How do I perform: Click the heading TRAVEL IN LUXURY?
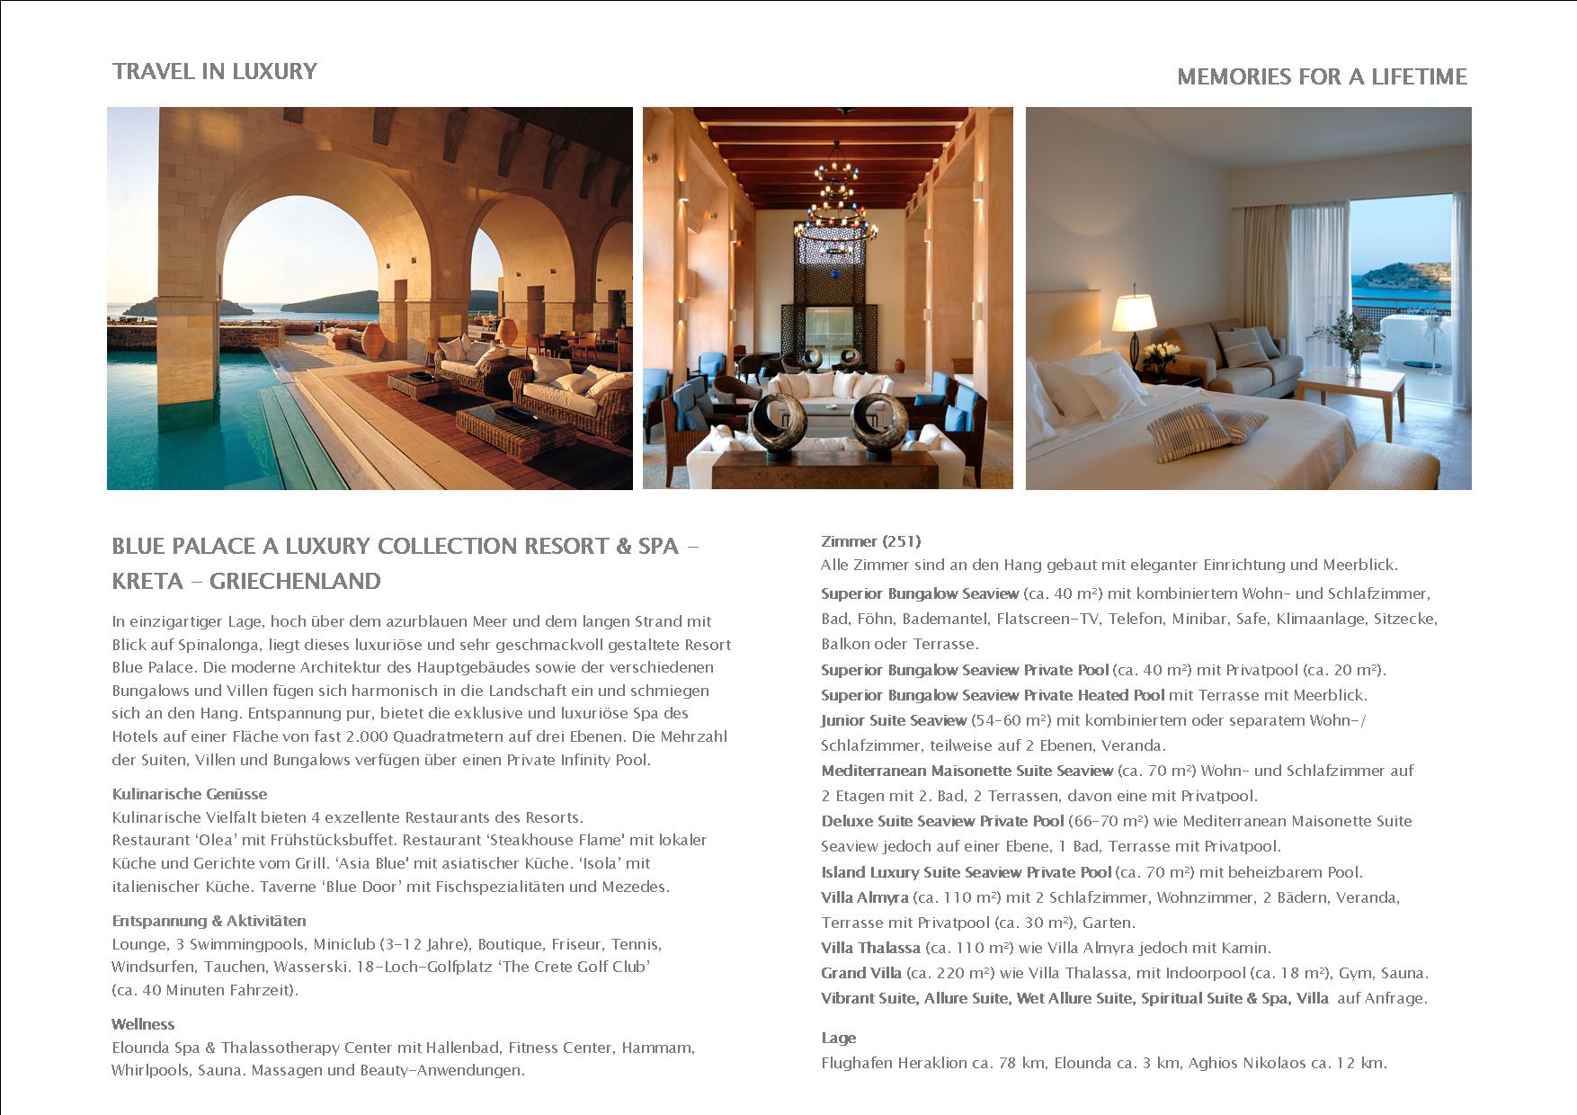(x=214, y=71)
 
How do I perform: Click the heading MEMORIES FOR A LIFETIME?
(x=1322, y=76)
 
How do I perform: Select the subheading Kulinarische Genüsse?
(x=189, y=794)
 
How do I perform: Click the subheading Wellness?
(x=143, y=1024)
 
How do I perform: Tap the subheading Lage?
(x=838, y=1038)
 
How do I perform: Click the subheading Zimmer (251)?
(x=870, y=541)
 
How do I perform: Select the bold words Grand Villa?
(x=860, y=973)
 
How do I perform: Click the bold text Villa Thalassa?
(x=870, y=948)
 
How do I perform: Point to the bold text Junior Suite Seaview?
(x=893, y=720)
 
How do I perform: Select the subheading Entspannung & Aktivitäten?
(x=209, y=921)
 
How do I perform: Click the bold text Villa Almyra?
(x=864, y=897)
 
